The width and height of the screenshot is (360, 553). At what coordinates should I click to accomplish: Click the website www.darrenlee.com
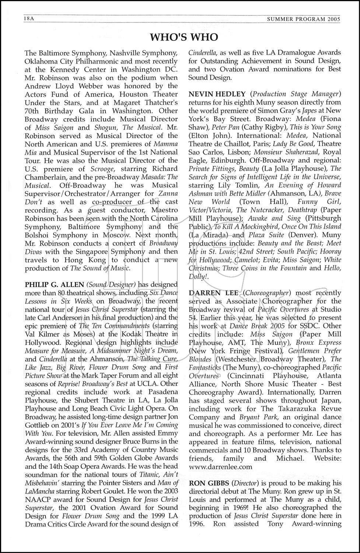click(220, 466)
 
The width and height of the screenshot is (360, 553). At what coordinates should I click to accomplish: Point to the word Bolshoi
click(36, 235)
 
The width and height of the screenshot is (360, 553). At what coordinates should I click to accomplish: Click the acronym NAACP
click(37, 500)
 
